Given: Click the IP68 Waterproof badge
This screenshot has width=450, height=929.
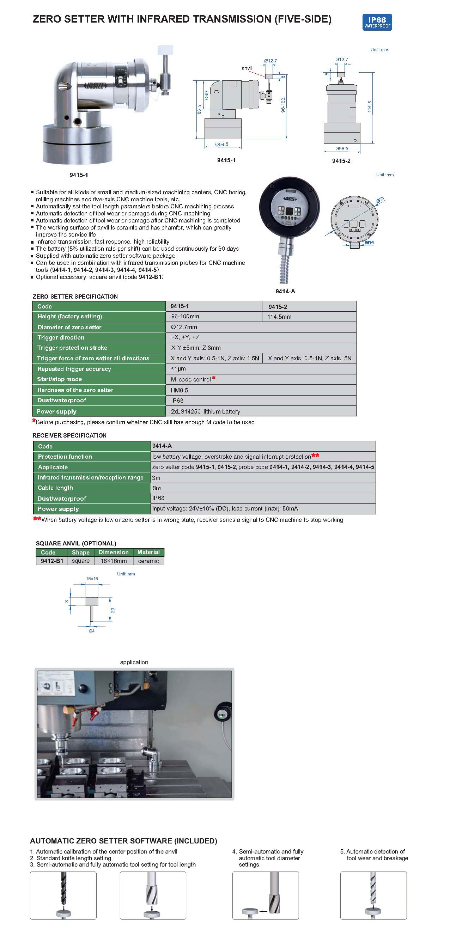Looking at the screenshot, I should (x=377, y=22).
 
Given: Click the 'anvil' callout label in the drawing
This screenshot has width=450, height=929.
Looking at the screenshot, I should (x=247, y=68).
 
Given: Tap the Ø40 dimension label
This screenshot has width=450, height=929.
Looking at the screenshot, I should (x=206, y=95).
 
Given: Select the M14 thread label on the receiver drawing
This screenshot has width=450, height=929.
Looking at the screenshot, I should (x=369, y=243).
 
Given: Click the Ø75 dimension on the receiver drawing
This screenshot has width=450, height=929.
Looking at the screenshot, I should (x=381, y=200).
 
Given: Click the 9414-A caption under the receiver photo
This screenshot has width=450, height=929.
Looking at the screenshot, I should (x=285, y=292).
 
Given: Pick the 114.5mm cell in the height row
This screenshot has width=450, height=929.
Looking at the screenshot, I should (x=279, y=317).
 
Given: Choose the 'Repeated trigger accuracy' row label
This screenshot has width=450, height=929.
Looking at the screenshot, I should (x=74, y=369).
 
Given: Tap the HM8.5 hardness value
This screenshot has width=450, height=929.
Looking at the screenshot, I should (x=180, y=390).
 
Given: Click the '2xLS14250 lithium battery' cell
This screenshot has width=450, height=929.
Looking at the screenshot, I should (x=205, y=411).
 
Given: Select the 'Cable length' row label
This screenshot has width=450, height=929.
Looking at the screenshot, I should (x=55, y=488).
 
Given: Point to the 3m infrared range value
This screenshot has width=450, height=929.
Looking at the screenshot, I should (x=156, y=478).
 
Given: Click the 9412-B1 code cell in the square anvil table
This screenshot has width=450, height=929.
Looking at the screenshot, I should (x=52, y=561).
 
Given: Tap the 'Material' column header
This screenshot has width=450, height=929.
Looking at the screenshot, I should (x=148, y=552).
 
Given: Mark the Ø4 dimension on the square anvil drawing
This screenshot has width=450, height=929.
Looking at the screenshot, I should (x=92, y=631).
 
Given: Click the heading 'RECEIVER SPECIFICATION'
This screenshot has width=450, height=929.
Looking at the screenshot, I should (x=69, y=435).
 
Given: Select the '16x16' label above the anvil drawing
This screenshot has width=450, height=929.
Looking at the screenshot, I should (x=92, y=579).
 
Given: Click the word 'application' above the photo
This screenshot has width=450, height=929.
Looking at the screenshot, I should (x=134, y=662).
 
